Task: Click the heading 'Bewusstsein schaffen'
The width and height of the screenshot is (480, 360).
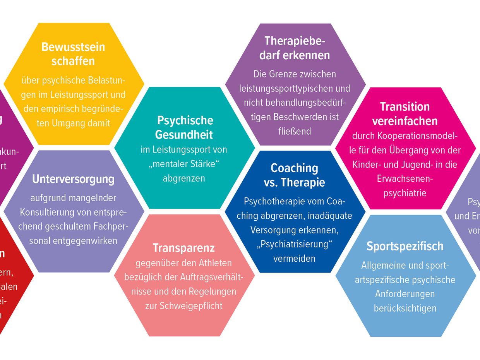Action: pyautogui.click(x=73, y=54)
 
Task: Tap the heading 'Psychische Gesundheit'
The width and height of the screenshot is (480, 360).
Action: pyautogui.click(x=184, y=127)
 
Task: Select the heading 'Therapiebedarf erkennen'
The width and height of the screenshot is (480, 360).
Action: pyautogui.click(x=295, y=48)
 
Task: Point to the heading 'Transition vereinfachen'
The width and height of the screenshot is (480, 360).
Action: pyautogui.click(x=405, y=113)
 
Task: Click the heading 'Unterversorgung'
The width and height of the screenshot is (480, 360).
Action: pyautogui.click(x=73, y=179)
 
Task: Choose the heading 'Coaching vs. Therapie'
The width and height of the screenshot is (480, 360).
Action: pyautogui.click(x=295, y=175)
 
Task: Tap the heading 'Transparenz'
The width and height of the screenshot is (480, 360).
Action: pyautogui.click(x=183, y=248)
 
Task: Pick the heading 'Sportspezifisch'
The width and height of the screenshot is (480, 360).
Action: pyautogui.click(x=405, y=246)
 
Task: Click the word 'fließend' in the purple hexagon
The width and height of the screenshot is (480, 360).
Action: pyautogui.click(x=295, y=131)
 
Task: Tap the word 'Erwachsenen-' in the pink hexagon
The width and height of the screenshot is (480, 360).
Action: pyautogui.click(x=405, y=179)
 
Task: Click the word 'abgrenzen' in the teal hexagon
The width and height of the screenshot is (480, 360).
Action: pyautogui.click(x=184, y=178)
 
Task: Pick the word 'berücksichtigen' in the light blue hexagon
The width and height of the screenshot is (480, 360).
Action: pyautogui.click(x=405, y=308)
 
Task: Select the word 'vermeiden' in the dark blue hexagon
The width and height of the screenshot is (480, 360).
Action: pyautogui.click(x=295, y=259)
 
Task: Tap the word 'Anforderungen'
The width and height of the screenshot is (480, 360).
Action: pyautogui.click(x=405, y=294)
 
